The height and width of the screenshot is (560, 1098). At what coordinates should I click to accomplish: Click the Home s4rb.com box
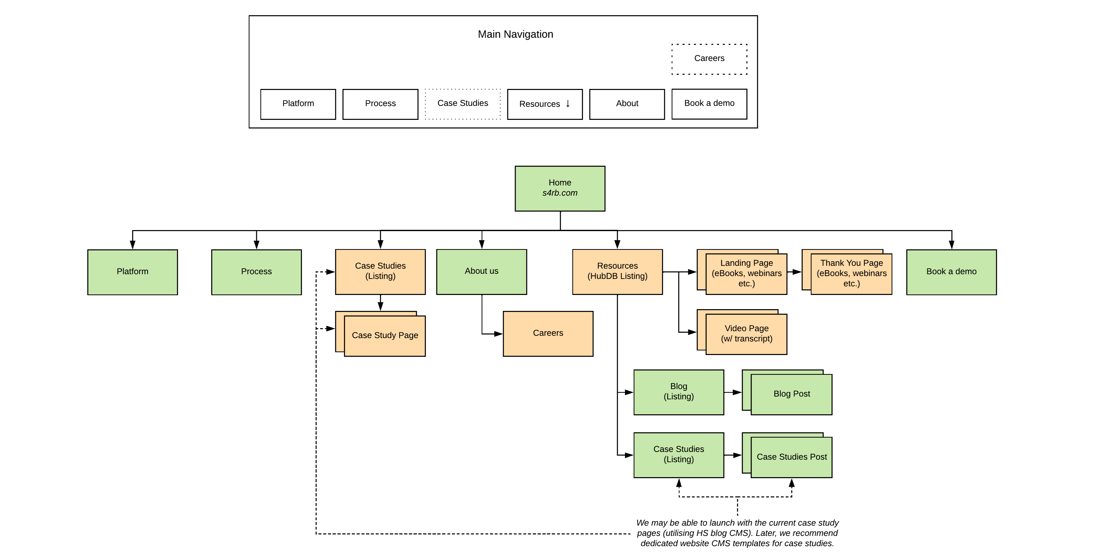click(x=560, y=188)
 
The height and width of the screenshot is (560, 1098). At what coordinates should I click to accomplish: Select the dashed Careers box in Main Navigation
click(x=709, y=59)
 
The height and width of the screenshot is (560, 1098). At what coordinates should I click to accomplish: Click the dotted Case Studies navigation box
click(x=462, y=104)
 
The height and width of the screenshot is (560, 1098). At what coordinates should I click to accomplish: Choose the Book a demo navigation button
click(x=709, y=104)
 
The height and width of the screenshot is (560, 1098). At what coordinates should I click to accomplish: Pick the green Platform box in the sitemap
click(x=133, y=272)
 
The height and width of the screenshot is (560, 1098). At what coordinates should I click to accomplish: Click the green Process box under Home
click(x=256, y=272)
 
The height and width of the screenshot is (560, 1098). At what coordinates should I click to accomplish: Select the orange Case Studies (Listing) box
click(x=380, y=271)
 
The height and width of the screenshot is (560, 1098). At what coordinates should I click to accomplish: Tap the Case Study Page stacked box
click(x=384, y=335)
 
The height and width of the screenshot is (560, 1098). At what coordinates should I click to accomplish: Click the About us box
click(x=481, y=271)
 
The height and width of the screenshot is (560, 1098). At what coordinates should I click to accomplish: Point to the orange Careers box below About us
click(x=548, y=333)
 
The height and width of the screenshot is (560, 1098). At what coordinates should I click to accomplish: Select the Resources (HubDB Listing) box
click(x=617, y=271)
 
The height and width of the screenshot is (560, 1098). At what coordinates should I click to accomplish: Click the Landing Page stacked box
click(x=746, y=274)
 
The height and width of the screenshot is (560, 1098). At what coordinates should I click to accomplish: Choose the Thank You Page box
click(x=851, y=274)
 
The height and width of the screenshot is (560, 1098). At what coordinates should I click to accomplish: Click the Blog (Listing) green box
click(x=679, y=392)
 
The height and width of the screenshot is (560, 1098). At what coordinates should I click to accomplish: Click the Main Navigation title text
click(x=515, y=34)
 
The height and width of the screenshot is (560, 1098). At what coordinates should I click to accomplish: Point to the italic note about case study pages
click(x=737, y=533)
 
